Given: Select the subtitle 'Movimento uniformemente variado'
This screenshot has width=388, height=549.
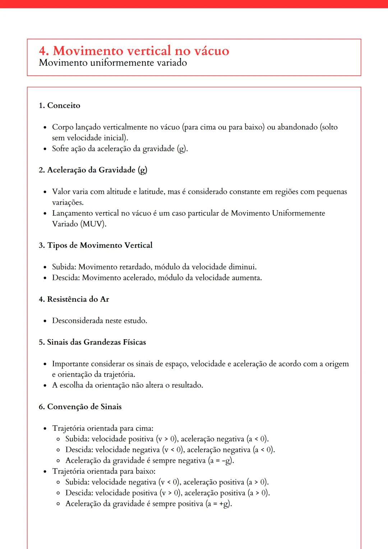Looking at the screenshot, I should (113, 63).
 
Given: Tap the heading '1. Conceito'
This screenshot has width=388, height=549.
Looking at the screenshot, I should (60, 106).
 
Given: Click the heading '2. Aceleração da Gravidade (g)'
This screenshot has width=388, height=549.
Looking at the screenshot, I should (93, 170).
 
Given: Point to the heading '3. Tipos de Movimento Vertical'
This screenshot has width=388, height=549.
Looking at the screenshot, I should (96, 245).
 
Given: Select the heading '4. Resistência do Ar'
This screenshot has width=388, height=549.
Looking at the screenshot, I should (74, 299).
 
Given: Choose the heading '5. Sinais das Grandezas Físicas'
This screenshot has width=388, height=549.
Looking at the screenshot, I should (92, 342).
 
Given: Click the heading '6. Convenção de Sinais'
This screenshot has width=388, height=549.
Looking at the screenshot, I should (80, 407).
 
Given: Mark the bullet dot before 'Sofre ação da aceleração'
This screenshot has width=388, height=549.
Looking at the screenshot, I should (45, 149).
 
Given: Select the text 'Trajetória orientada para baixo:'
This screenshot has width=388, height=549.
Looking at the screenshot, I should (104, 471).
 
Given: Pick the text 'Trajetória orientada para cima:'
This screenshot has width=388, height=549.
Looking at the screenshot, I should (103, 428).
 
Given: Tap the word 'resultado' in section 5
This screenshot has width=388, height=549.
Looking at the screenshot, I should (186, 386).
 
